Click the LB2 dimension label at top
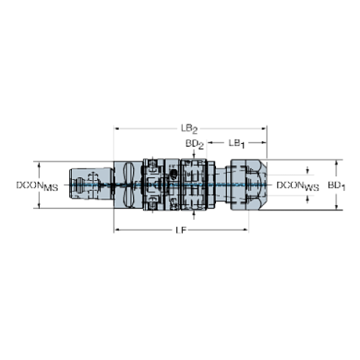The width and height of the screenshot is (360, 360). pyautogui.click(x=189, y=128)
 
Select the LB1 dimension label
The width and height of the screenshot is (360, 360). pyautogui.click(x=236, y=142)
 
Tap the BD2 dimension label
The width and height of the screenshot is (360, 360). pyautogui.click(x=194, y=142)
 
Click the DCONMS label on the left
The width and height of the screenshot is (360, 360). pyautogui.click(x=36, y=185)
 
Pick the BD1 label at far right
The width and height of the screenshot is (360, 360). pyautogui.click(x=337, y=185)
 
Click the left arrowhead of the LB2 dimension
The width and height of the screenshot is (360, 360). pyautogui.click(x=115, y=128)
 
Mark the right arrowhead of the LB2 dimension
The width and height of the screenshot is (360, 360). pyautogui.click(x=266, y=128)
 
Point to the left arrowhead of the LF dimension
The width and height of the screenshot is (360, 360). pyautogui.click(x=115, y=231)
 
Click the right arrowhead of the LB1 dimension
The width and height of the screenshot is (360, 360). pyautogui.click(x=266, y=142)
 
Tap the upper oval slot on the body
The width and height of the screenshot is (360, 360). pyautogui.click(x=129, y=173)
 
